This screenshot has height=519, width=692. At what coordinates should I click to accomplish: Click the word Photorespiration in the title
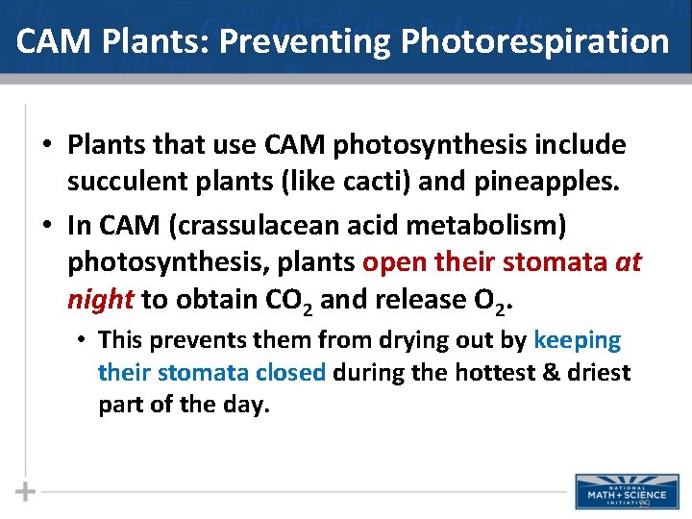coord(534,42)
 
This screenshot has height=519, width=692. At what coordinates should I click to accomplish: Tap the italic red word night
coord(100,300)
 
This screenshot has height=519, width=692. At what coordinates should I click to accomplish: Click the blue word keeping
coord(577,340)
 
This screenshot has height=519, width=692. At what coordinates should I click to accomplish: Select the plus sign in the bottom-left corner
coord(25,491)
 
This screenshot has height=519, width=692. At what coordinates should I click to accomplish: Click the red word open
coord(395,262)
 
